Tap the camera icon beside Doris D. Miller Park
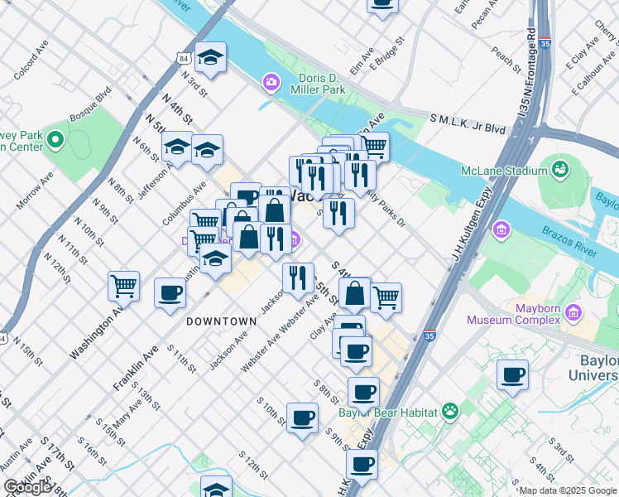270,82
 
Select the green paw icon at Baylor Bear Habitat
450,410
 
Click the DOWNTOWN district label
221,321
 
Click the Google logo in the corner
26,487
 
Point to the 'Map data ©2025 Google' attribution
568,490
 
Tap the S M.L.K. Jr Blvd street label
468,124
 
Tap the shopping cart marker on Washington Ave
123,286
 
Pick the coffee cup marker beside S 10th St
302,417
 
